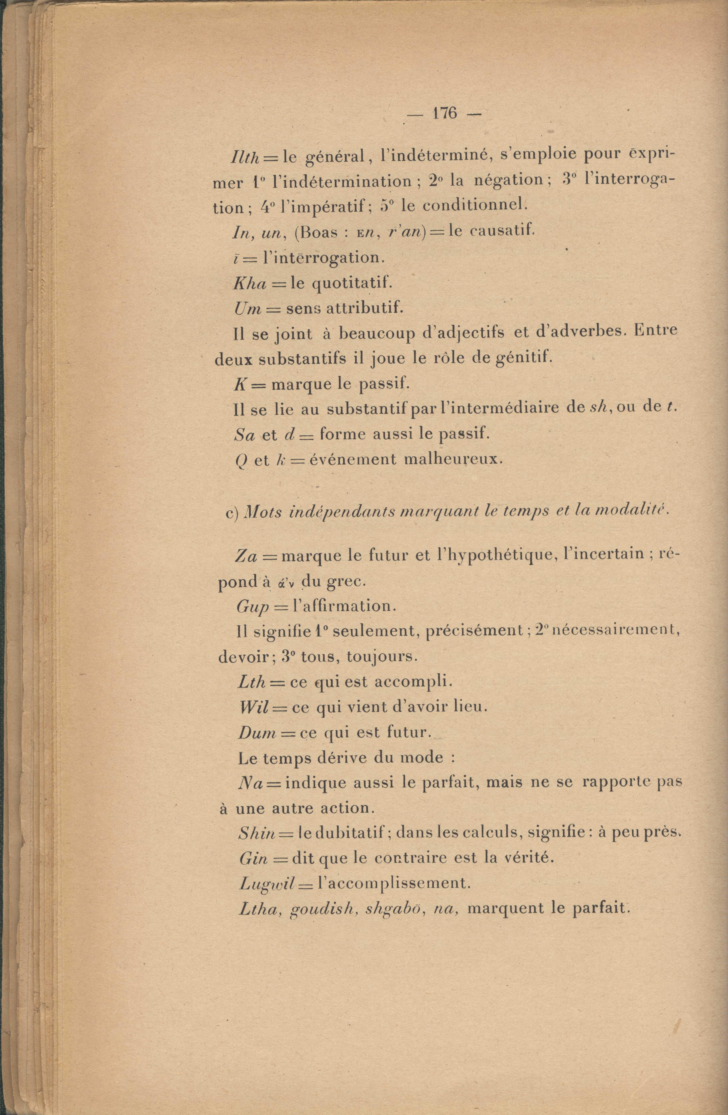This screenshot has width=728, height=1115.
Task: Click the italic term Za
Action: click(x=246, y=556)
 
